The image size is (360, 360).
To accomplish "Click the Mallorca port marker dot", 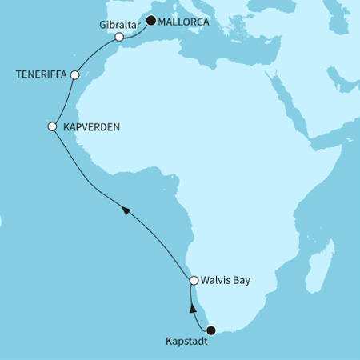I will (x=150, y=21).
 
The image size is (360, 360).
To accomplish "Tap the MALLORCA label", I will (x=183, y=22).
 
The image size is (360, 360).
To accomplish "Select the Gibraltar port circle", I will (x=119, y=37).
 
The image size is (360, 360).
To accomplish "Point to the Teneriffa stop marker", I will (x=74, y=75).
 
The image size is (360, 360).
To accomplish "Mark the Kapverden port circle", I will (x=53, y=126).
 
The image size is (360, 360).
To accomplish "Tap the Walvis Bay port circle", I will (x=194, y=280).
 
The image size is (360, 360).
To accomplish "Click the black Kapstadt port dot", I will (x=211, y=330).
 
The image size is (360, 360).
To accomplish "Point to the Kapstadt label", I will (x=188, y=346).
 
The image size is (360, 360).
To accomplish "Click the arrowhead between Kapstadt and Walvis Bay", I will (x=192, y=307).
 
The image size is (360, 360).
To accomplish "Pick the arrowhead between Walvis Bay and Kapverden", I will (x=126, y=209).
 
